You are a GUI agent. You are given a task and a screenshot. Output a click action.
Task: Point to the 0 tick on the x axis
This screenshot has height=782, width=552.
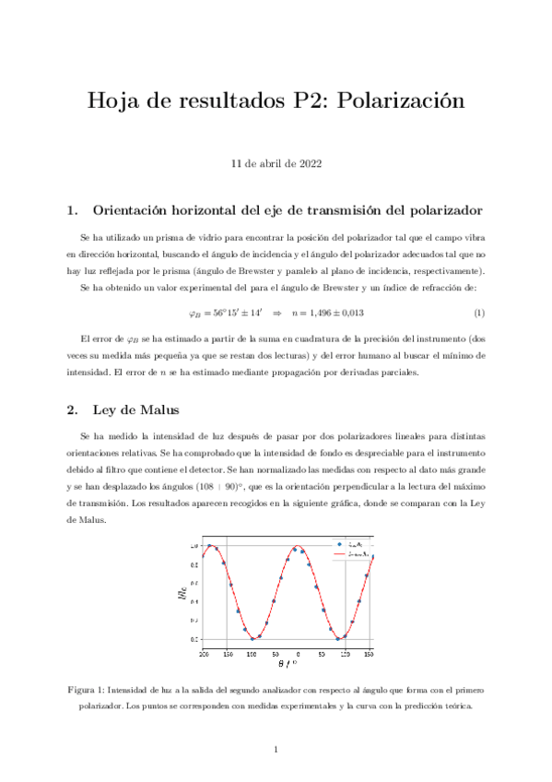click(x=297, y=653)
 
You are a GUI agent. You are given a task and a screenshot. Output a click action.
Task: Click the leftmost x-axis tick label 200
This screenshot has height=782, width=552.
click(x=204, y=653)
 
